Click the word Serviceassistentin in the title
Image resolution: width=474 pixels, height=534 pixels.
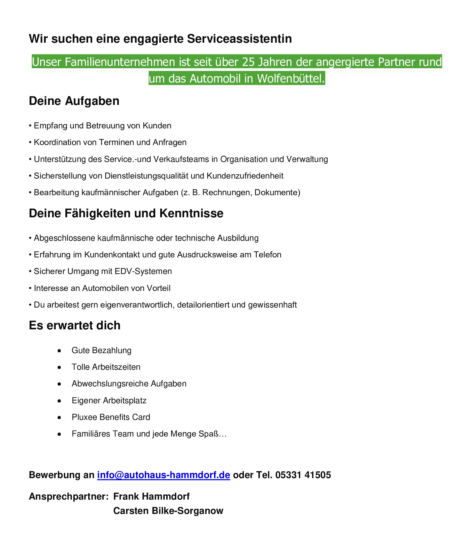[x=239, y=39]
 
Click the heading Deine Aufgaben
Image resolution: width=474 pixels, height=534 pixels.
[x=74, y=101]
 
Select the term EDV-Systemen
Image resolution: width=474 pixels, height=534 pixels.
[x=143, y=271]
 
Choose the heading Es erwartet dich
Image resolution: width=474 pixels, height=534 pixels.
[x=75, y=326]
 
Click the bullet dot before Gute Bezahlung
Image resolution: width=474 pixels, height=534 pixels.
[x=59, y=351]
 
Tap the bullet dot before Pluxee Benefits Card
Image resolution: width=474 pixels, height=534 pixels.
[x=59, y=418]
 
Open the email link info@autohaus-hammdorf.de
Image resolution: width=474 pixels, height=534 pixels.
[x=164, y=475]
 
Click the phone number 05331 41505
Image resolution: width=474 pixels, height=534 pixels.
[x=303, y=475]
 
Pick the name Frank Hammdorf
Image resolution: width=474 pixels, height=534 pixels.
[x=151, y=496]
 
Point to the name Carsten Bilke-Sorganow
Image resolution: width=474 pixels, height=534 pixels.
[x=168, y=511]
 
